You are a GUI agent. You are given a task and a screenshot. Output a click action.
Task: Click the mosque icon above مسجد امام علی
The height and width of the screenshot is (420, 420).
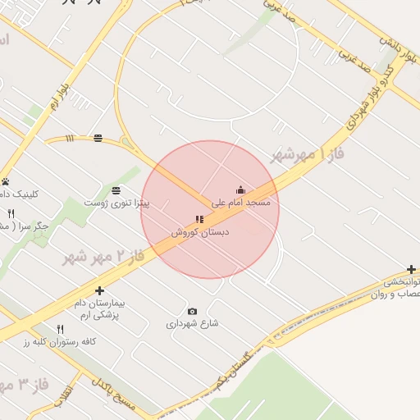[240, 189]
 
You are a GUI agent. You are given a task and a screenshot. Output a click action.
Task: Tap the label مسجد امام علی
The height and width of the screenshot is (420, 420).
[240, 202]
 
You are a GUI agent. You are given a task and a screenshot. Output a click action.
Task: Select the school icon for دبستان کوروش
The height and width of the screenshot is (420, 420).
[198, 219]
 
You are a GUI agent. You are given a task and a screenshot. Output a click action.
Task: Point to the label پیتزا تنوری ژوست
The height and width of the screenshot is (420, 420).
[116, 202]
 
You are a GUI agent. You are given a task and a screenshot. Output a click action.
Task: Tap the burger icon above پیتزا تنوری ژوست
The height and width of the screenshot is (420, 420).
[116, 189]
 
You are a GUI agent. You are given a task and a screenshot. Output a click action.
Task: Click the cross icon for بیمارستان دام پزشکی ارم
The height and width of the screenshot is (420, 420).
[99, 290]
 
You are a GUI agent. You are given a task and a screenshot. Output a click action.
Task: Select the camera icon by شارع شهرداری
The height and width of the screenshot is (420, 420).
[192, 311]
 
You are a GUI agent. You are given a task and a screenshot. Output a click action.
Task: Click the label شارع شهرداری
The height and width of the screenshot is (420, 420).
[193, 323]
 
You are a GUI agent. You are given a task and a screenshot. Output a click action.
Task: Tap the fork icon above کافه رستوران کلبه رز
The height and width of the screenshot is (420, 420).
[60, 329]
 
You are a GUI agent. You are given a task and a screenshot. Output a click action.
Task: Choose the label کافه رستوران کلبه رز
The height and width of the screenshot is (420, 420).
[66, 341]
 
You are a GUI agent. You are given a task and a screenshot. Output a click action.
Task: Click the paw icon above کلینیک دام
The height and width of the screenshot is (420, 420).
[6, 181]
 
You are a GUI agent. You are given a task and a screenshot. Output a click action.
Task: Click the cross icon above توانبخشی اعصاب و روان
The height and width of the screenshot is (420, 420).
[411, 269]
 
